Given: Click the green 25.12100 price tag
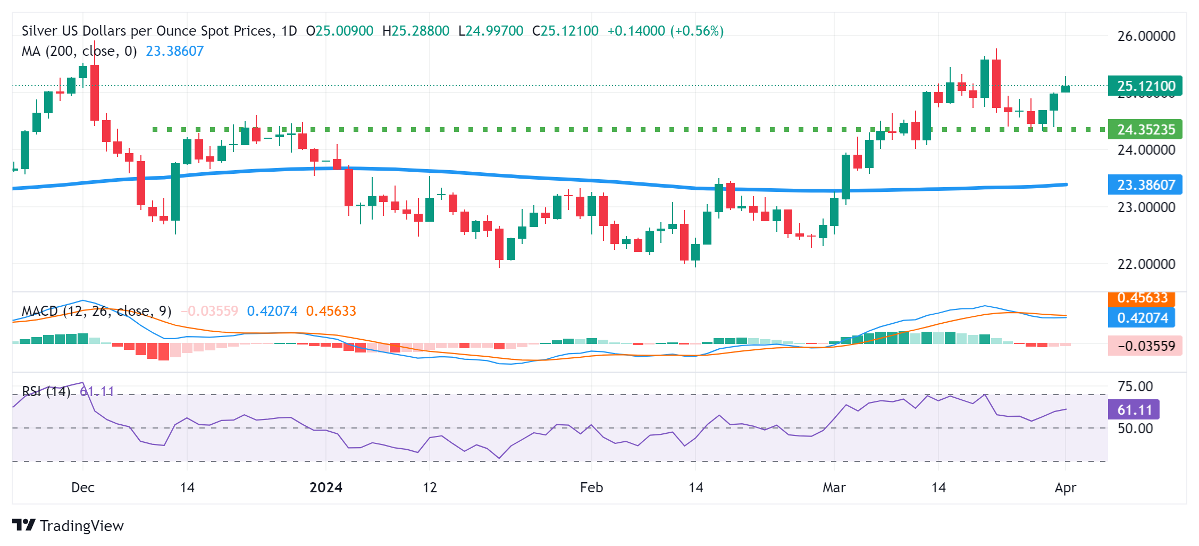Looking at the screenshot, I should (x=1145, y=86).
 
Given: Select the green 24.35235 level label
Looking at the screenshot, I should (x=1145, y=130).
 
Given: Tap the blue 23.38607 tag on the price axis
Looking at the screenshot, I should (x=1145, y=185).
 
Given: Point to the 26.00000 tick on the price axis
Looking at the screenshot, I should (x=1146, y=36).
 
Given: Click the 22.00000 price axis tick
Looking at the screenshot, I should (x=1146, y=264).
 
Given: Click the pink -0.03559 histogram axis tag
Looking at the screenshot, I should (x=1145, y=346).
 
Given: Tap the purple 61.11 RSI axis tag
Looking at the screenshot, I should (x=1134, y=410).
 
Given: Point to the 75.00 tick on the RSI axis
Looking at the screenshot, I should (x=1135, y=387).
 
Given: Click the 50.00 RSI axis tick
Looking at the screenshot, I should (x=1135, y=429).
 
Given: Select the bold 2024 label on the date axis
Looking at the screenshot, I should (x=326, y=488).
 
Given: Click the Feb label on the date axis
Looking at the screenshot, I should (x=591, y=488).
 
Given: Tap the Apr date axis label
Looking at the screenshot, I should (x=1065, y=488).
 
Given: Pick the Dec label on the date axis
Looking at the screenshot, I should (x=83, y=488).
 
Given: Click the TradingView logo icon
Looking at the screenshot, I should (x=24, y=525).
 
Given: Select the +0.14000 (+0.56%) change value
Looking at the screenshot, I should (x=665, y=31).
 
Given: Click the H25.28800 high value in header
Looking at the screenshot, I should (x=416, y=31).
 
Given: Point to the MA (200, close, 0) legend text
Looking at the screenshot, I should (x=79, y=51).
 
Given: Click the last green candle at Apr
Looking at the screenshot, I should (x=1066, y=89).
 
